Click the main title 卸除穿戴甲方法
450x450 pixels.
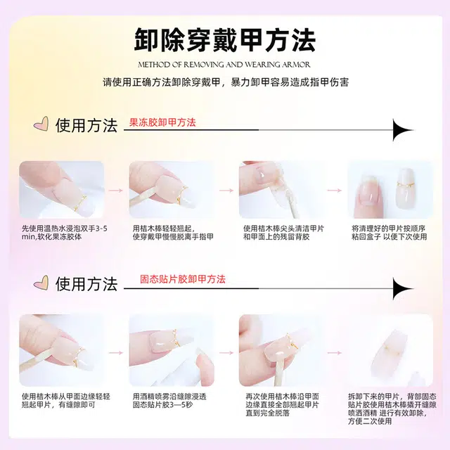coord(225,40)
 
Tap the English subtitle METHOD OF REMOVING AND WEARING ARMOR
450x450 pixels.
coord(224,65)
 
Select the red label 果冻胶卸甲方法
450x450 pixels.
coord(162,122)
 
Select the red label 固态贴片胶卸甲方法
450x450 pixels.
coord(183,279)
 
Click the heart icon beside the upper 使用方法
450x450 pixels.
coord(41,124)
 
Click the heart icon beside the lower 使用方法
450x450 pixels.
coord(41,283)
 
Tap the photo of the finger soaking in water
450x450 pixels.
coord(62,190)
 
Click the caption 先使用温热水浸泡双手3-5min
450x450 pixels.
coord(65,233)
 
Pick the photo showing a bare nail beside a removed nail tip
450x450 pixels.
coord(390,190)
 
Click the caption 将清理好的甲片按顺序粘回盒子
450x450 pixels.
coord(389,233)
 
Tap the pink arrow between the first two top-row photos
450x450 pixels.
coord(117,191)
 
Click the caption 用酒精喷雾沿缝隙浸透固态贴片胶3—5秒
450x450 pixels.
coord(169,401)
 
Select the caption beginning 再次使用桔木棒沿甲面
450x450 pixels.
coord(283,405)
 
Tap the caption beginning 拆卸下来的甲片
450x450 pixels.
coord(392,409)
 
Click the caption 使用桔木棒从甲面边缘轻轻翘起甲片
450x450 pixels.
coord(66,401)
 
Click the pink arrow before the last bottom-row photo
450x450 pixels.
coord(335,353)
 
